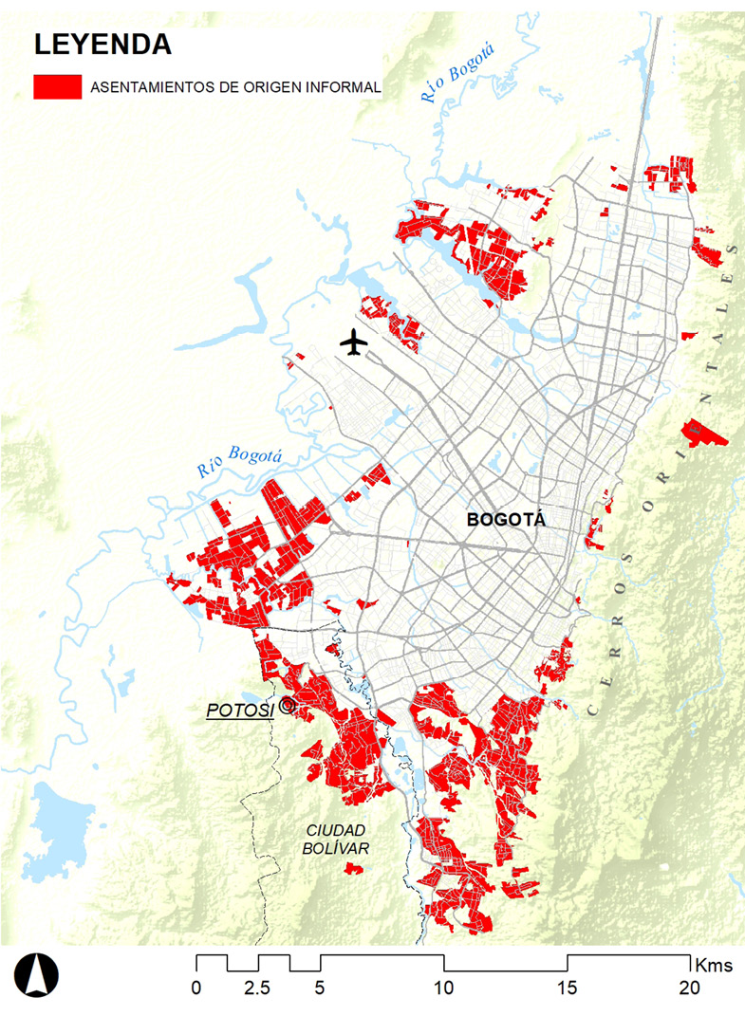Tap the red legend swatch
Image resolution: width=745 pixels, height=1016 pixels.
pos(57,87)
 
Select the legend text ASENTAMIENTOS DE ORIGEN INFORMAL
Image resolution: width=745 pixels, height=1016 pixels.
pos(235,88)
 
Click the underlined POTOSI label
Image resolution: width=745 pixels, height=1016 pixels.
pos(239,710)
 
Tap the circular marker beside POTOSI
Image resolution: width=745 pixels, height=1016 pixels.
pos(288,706)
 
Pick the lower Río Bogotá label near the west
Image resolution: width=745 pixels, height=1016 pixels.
pos(239,462)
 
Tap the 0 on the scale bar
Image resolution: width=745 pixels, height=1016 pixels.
pos(196,988)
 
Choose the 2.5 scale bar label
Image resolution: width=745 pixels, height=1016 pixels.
pos(257,988)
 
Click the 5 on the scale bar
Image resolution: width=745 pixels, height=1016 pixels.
pos(320,988)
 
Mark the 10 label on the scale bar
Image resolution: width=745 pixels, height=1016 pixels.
pos(444,988)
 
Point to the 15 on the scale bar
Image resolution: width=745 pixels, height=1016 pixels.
pos(568,988)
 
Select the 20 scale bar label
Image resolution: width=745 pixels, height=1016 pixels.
pos(690,988)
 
